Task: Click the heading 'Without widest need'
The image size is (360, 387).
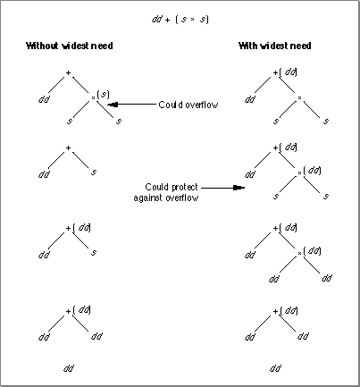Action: pyautogui.click(x=70, y=46)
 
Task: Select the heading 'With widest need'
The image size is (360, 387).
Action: pyautogui.click(x=275, y=46)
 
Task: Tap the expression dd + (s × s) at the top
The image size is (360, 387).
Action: pyautogui.click(x=180, y=20)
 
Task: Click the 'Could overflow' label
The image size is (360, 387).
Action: pyautogui.click(x=188, y=105)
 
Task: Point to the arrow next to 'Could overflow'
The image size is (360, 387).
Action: pyautogui.click(x=131, y=105)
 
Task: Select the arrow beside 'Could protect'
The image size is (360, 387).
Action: pyautogui.click(x=222, y=188)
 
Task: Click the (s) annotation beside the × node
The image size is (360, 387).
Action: pyautogui.click(x=104, y=95)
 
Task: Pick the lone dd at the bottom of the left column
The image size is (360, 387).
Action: pyautogui.click(x=69, y=368)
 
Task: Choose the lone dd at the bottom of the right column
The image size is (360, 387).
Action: pyautogui.click(x=275, y=368)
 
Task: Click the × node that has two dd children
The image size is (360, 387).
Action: pyautogui.click(x=299, y=253)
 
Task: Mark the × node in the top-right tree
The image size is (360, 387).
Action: pyautogui.click(x=299, y=97)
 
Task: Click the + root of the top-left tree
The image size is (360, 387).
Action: pyautogui.click(x=68, y=72)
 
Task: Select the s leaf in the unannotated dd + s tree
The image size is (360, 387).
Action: pyautogui.click(x=94, y=172)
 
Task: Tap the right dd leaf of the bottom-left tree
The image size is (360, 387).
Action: pyautogui.click(x=96, y=336)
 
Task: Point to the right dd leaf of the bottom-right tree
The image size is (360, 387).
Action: pyautogui.click(x=303, y=336)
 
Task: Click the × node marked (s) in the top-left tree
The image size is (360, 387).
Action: pyautogui.click(x=93, y=97)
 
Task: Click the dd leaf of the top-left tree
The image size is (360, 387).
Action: pyautogui.click(x=44, y=99)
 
